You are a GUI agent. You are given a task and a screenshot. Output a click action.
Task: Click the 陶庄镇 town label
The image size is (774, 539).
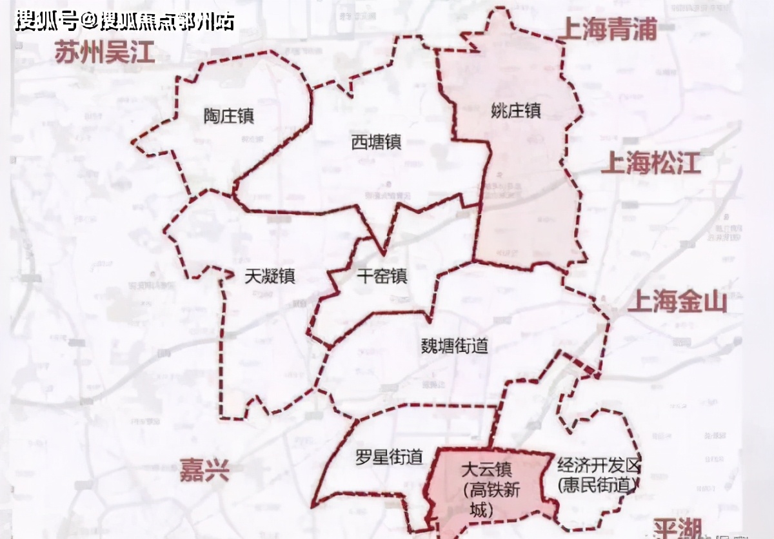click(x=229, y=116)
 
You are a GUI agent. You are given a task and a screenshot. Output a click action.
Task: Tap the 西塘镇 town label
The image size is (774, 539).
click(x=376, y=142)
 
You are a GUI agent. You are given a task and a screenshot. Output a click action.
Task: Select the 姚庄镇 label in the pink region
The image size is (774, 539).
click(x=515, y=110)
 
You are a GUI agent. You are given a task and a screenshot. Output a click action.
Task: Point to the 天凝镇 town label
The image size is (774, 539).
click(x=270, y=276)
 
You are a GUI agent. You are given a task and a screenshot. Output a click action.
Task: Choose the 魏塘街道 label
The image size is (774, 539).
click(x=455, y=346)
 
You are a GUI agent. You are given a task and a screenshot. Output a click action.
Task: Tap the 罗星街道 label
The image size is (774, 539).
click(x=389, y=458)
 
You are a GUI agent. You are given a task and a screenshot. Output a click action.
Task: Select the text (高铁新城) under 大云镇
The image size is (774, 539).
click(x=493, y=498)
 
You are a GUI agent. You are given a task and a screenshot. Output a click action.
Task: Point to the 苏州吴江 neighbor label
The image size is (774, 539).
click(x=104, y=52)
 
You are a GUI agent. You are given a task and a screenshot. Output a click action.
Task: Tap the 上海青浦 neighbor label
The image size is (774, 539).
click(x=610, y=29)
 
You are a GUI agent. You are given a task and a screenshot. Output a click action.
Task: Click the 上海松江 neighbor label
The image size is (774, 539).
click(x=650, y=164)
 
